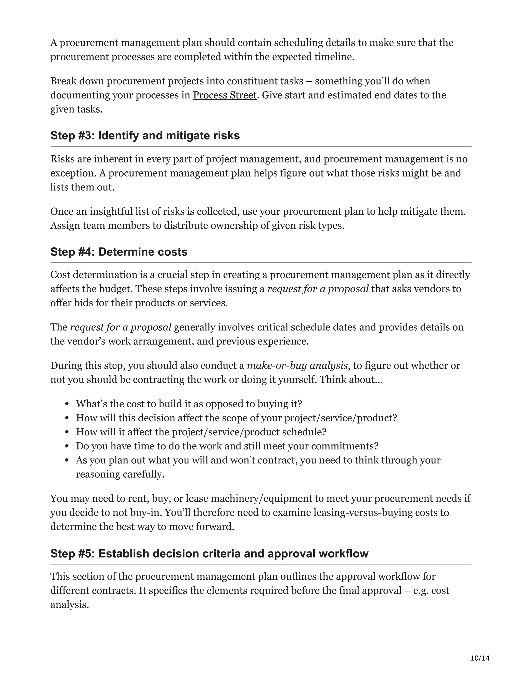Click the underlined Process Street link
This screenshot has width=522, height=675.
point(225,95)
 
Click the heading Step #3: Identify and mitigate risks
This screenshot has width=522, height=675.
point(145,136)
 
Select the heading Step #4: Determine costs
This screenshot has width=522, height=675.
point(119,252)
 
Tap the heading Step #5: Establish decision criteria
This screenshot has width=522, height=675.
point(209,553)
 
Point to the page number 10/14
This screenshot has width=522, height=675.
point(480,658)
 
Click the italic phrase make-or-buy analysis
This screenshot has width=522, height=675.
point(297,366)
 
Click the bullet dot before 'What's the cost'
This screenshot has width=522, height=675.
point(67,404)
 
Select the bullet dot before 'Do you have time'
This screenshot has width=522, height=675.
point(67,447)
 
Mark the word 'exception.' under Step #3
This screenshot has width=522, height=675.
point(73,173)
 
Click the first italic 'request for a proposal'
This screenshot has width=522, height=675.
point(318,289)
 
